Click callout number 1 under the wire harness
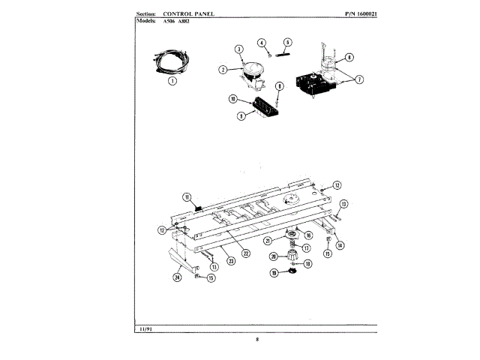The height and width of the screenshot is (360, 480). [172, 81]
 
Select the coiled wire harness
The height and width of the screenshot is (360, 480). [169, 58]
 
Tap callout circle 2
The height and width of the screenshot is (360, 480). [223, 70]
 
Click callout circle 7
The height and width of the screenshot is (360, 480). [359, 79]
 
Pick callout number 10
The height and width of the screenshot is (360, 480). [233, 99]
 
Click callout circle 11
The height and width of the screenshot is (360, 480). [187, 197]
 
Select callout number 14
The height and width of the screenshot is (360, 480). [340, 244]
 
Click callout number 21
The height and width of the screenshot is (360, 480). [268, 241]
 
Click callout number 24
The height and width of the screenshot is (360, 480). [178, 277]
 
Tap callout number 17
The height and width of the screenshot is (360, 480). [306, 248]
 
